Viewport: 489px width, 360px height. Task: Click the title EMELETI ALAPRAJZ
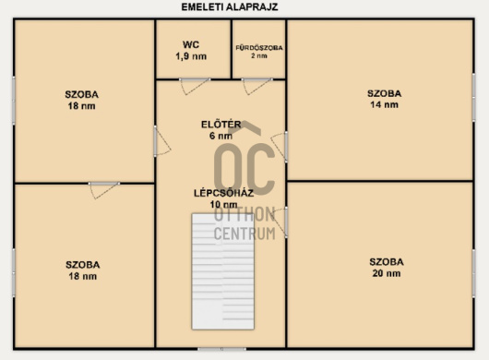pyautogui.click(x=230, y=6)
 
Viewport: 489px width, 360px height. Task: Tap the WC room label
pyautogui.click(x=191, y=44)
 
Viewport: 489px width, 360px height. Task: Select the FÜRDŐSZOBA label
pyautogui.click(x=259, y=48)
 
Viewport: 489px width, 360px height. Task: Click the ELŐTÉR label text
pyautogui.click(x=221, y=125)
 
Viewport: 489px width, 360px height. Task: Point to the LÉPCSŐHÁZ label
pyautogui.click(x=223, y=193)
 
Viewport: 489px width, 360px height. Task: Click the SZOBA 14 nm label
pyautogui.click(x=384, y=99)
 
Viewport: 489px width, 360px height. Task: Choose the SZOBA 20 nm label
pyautogui.click(x=387, y=268)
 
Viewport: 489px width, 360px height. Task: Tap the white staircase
pyautogui.click(x=222, y=271)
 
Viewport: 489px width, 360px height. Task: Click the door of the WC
pyautogui.click(x=195, y=87)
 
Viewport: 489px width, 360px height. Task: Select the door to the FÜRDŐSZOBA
pyautogui.click(x=256, y=87)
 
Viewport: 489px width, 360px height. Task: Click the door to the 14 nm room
pyautogui.click(x=280, y=147)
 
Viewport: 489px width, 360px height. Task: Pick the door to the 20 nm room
pyautogui.click(x=280, y=222)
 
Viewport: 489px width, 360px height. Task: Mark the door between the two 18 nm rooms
pyautogui.click(x=104, y=190)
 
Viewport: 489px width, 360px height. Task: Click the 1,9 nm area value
pyautogui.click(x=191, y=56)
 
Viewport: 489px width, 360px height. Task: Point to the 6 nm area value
pyautogui.click(x=221, y=136)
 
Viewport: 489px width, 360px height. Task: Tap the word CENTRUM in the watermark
pyautogui.click(x=244, y=234)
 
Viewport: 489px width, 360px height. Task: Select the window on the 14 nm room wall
pyautogui.click(x=473, y=97)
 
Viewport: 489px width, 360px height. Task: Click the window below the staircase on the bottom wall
pyautogui.click(x=222, y=349)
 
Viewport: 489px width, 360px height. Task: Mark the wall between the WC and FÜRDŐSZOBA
pyautogui.click(x=232, y=49)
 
